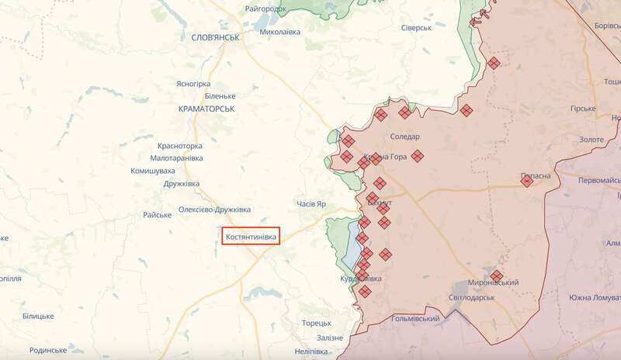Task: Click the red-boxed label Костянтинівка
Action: [x=250, y=235]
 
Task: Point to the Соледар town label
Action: [x=405, y=136]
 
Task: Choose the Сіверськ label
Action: [x=415, y=28]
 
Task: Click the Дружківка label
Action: [x=181, y=184]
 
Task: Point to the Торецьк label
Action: [x=317, y=323]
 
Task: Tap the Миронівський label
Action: [x=493, y=283]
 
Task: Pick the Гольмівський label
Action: [x=416, y=319]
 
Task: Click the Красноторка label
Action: [x=179, y=146]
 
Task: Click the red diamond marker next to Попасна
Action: [x=527, y=182]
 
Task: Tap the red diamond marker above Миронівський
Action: [x=497, y=275]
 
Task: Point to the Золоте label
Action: [x=591, y=139]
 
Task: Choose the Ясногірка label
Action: [x=193, y=83]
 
